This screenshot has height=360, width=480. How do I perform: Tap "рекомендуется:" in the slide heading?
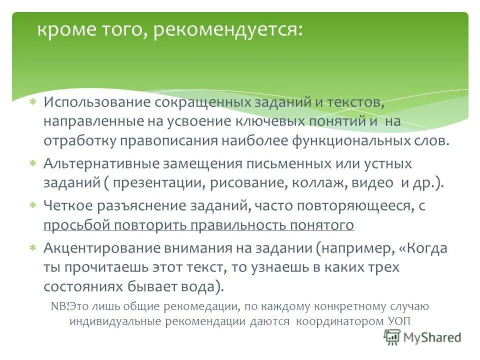coord(228,31)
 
